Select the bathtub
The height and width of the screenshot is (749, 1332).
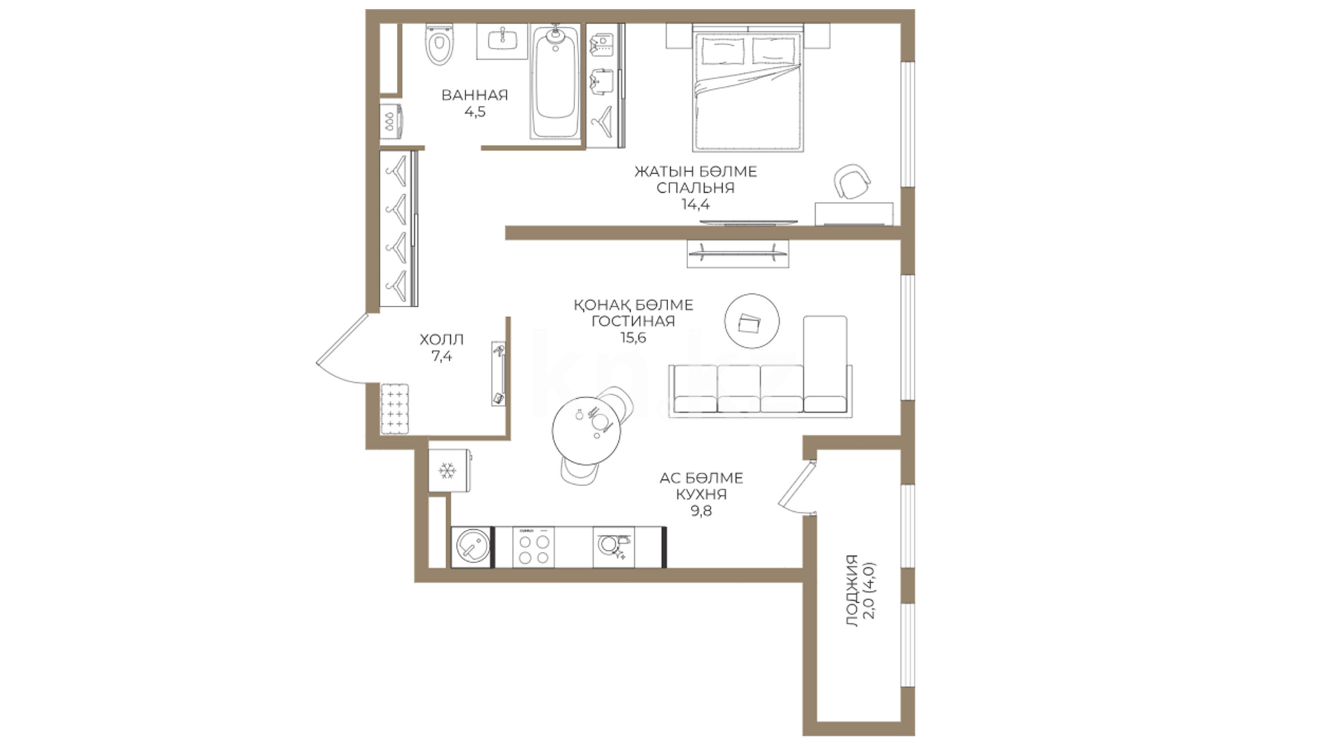[555, 81]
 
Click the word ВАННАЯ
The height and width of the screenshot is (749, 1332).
[475, 95]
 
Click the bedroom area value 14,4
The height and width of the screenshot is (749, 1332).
[695, 205]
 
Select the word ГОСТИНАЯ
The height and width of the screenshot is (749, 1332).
[633, 321]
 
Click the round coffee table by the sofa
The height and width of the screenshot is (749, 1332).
[752, 321]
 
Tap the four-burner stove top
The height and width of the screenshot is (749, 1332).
[533, 547]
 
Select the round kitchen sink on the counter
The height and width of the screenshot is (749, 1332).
[472, 547]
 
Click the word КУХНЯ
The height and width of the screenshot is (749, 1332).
[701, 494]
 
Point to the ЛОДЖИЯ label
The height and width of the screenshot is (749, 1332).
[852, 591]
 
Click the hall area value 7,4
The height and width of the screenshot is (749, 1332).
[441, 356]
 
